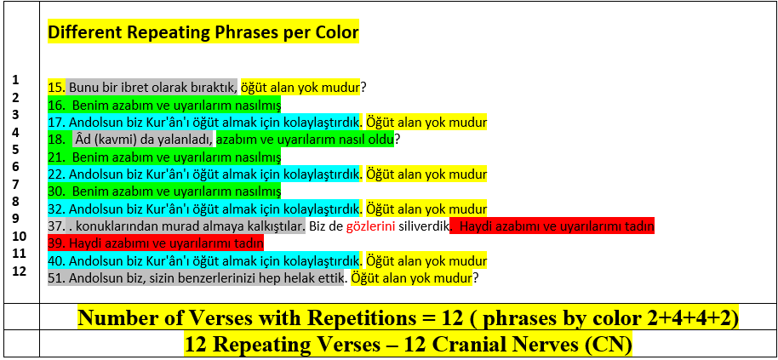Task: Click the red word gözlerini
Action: click(370, 227)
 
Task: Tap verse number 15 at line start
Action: click(55, 88)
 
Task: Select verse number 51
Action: click(55, 278)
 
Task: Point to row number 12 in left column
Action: click(19, 271)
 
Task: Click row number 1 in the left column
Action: click(16, 79)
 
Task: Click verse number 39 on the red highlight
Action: click(55, 244)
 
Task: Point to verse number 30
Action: click(55, 191)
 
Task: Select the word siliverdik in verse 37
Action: click(424, 227)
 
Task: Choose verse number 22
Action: click(55, 174)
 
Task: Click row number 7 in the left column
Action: click(16, 184)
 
